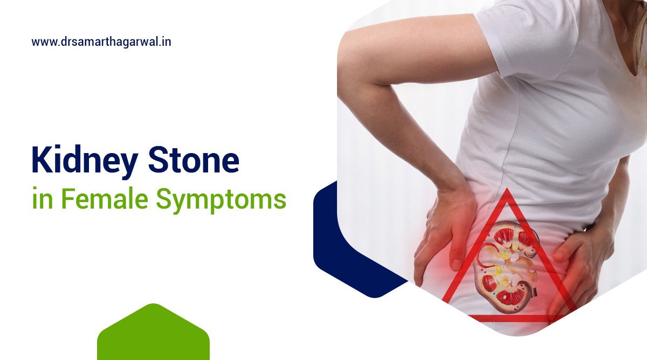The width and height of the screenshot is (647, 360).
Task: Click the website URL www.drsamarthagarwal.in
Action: pos(101,41)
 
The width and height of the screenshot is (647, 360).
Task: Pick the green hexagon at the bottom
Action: pos(153,334)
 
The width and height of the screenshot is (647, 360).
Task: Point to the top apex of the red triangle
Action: pos(506,192)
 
